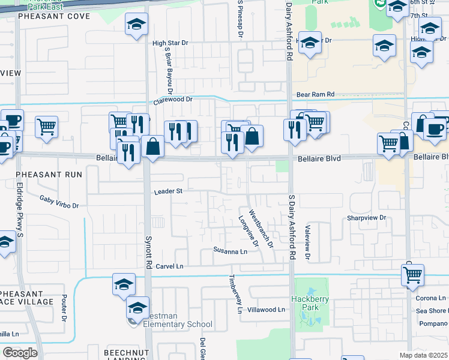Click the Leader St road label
pyautogui.click(x=168, y=191)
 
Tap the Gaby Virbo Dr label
pyautogui.click(x=59, y=202)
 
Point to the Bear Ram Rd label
pyautogui.click(x=315, y=95)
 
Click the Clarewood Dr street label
pyautogui.click(x=172, y=100)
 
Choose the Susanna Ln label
pyautogui.click(x=231, y=251)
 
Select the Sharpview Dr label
pyautogui.click(x=366, y=218)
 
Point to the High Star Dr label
pyautogui.click(x=170, y=43)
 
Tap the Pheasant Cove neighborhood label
pyautogui.click(x=54, y=16)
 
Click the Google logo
pyautogui.click(x=20, y=353)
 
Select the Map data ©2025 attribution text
pyautogui.click(x=423, y=355)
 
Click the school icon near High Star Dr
pyautogui.click(x=136, y=26)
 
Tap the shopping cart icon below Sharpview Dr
pyautogui.click(x=412, y=274)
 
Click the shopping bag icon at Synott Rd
pyautogui.click(x=153, y=147)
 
